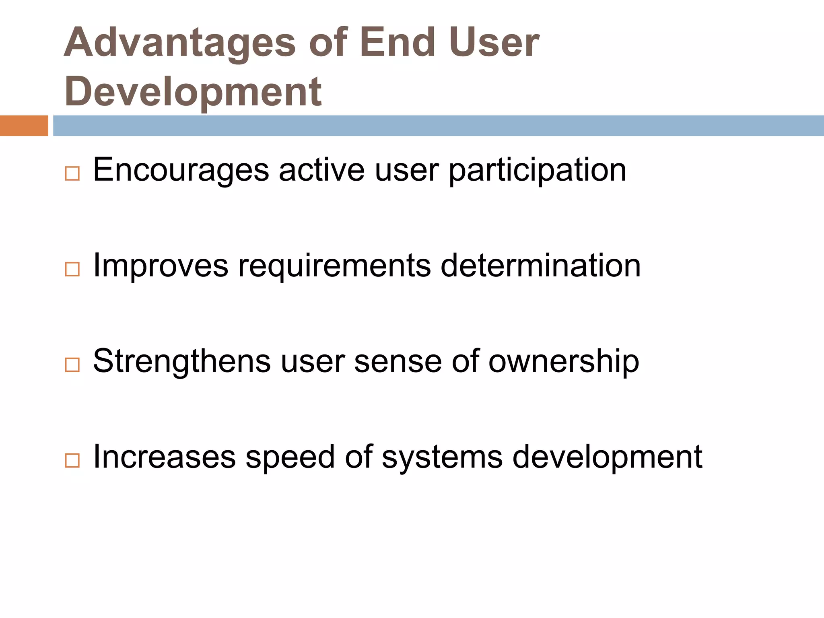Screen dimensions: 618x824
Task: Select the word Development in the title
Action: point(193,92)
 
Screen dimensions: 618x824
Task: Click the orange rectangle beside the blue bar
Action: point(24,126)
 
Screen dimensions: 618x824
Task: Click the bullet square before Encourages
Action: point(72,174)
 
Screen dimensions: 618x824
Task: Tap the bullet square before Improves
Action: point(72,269)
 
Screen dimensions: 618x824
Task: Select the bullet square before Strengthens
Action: point(72,365)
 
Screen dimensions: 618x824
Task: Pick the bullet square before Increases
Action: point(72,460)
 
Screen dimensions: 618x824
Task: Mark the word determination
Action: point(540,266)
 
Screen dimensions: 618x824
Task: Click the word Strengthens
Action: point(182,361)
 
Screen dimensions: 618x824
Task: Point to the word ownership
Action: point(563,361)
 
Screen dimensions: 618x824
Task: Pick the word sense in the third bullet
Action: point(398,361)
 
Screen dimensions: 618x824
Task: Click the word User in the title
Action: point(494,42)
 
